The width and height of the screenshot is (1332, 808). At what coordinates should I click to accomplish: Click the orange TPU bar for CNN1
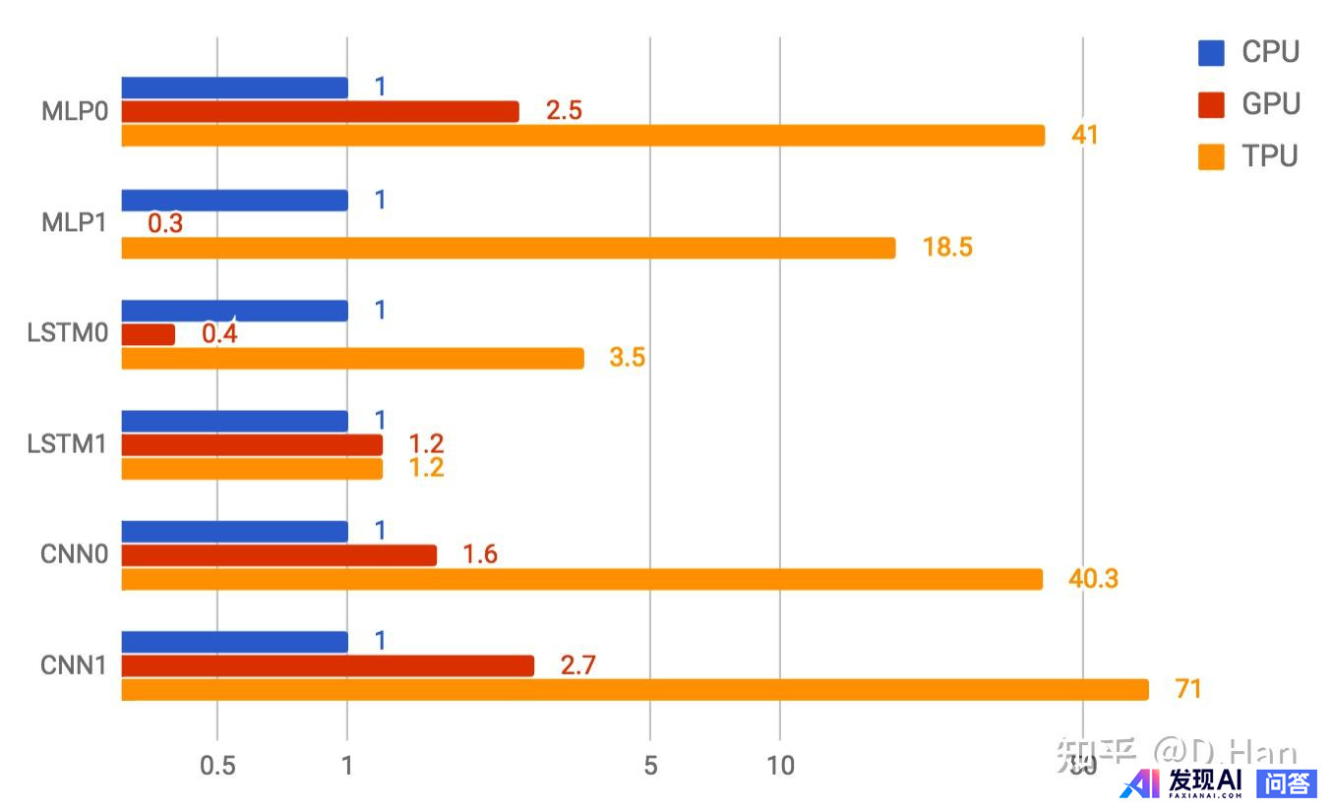coord(635,690)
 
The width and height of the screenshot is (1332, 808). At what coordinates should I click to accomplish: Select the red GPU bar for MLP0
coord(320,111)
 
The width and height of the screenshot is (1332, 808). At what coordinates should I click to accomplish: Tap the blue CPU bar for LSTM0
coord(234,311)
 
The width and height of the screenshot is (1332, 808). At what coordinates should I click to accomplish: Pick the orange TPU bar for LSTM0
coord(352,358)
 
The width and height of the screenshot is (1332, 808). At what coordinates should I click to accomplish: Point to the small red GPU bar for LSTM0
coord(148,334)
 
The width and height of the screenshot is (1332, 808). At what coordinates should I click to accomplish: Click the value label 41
coord(1084,135)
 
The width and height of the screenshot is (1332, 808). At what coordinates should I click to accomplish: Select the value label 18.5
coord(946,248)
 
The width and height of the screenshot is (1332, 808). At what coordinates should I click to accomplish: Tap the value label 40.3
coord(1093,579)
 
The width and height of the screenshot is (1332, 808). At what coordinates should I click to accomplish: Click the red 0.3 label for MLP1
coord(165,224)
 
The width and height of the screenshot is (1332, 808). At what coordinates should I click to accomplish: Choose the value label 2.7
coord(578,665)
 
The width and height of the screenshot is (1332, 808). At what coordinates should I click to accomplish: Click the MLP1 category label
coord(73,223)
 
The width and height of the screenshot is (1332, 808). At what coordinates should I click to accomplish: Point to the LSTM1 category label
coord(66,444)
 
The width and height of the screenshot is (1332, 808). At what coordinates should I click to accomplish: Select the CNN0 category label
coord(73,554)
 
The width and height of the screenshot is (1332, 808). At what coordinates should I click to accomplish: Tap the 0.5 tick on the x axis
coord(216,766)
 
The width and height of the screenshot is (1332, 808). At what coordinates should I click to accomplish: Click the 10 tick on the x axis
coord(779,766)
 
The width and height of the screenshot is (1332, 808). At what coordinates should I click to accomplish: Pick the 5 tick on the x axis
coord(649,766)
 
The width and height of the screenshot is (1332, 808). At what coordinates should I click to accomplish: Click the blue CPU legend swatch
coord(1211,53)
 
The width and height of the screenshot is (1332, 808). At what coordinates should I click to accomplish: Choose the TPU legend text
coord(1269,156)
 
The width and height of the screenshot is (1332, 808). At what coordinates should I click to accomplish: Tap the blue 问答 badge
coord(1286,783)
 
